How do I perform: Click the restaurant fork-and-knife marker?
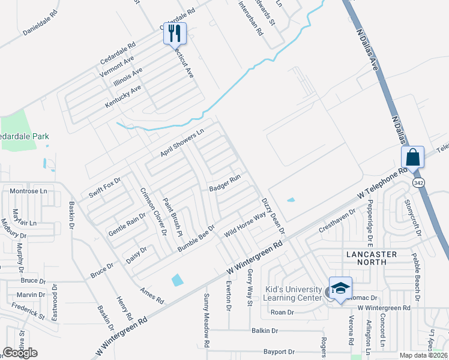coord(175,34)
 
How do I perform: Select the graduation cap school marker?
coord(340,289)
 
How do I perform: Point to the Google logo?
coord(20,353)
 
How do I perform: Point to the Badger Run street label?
coord(224,183)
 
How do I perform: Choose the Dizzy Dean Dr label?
coord(273,215)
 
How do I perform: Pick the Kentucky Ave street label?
coord(123,96)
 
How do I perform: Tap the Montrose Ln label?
coord(28,190)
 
